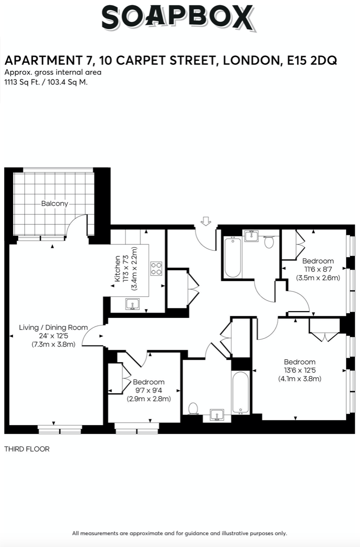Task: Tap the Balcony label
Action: pos(54,203)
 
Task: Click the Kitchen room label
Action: pos(117,269)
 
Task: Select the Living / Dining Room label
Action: pos(53,327)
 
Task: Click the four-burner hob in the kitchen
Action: pos(156,269)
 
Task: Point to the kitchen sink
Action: pos(133,304)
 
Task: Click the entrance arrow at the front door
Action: pos(206,221)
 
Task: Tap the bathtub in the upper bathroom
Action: pos(233,257)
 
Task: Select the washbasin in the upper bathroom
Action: pos(251,236)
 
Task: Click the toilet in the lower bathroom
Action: pos(193,408)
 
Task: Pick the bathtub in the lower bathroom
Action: pos(240,393)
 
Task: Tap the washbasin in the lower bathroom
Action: pos(217,415)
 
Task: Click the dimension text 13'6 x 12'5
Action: pos(299,371)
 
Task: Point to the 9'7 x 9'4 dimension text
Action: pos(149,390)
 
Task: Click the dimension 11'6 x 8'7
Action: pos(318,269)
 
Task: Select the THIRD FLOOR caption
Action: pos(27,449)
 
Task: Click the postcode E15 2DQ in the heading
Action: pos(312,61)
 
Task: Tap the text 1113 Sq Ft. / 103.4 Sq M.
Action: pos(46,82)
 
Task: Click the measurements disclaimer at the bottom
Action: pos(179,533)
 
